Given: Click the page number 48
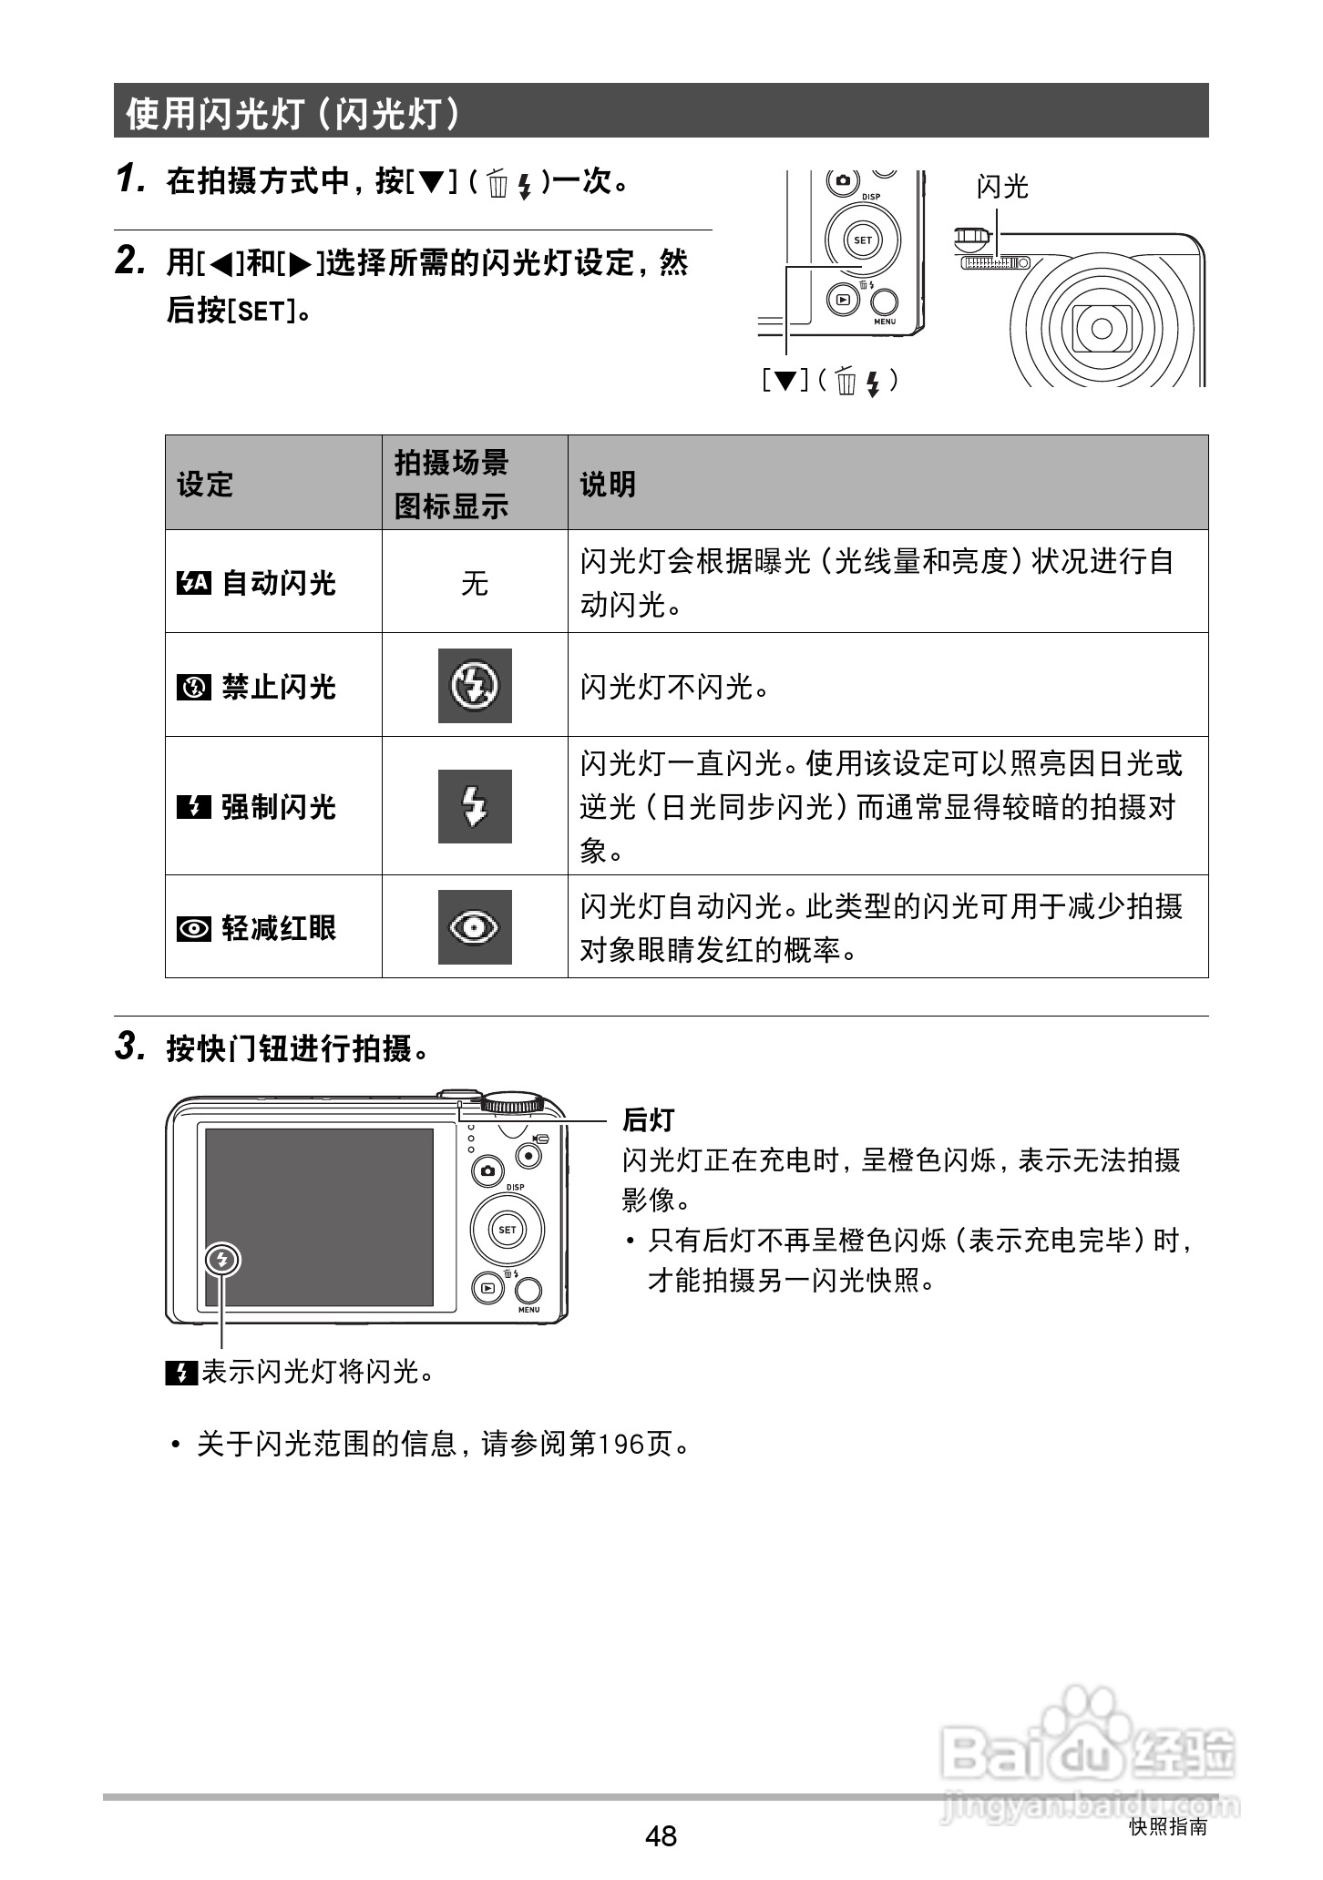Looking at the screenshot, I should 661,1834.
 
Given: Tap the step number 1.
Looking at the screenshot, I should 130,179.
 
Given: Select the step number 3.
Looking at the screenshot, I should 130,1047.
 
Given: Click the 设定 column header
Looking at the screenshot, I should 205,484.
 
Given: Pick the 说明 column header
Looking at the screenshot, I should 608,484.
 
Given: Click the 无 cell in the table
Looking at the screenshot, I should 475,582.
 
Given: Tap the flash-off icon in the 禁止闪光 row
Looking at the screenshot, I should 475,685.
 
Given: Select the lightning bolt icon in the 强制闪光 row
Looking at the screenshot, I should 475,806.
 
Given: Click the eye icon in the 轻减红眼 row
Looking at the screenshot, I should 475,927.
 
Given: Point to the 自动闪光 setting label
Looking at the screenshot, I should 279,582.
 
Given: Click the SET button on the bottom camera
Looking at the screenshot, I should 508,1230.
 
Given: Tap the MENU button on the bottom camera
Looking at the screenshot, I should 529,1292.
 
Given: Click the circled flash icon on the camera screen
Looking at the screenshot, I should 222,1261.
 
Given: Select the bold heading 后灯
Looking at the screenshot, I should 648,1119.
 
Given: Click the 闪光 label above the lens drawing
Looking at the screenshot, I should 1001,187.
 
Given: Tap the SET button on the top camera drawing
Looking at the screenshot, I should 862,240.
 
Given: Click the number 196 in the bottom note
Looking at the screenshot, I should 620,1444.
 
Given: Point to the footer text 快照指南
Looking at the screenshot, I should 1167,1826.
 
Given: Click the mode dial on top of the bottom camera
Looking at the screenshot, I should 513,1103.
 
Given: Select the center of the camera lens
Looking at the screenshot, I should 1102,327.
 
